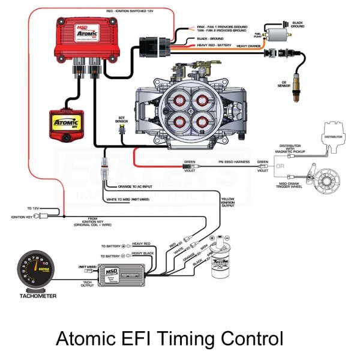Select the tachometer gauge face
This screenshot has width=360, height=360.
click(40, 269)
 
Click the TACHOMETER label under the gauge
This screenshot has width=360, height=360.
click(38, 296)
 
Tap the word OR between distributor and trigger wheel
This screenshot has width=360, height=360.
click(280, 166)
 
